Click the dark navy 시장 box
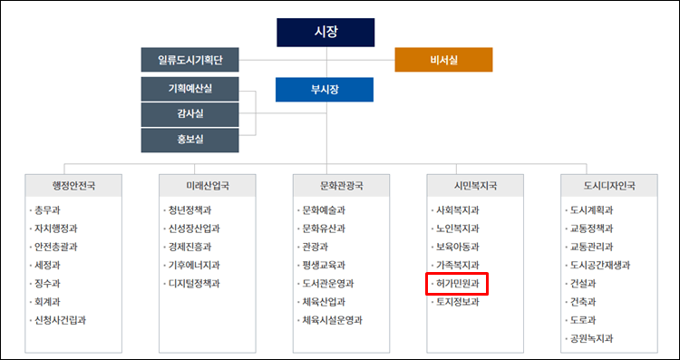pos(325,32)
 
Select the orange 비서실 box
pos(443,60)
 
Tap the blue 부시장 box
pos(325,90)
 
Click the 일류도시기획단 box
pos(189,60)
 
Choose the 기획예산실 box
pos(189,89)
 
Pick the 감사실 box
pos(189,114)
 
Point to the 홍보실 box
pos(189,140)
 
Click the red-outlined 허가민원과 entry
pos(457,284)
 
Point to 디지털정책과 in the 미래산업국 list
pos(193,284)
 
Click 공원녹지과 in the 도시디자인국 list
pos(592,338)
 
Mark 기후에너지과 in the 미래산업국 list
pos(193,266)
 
